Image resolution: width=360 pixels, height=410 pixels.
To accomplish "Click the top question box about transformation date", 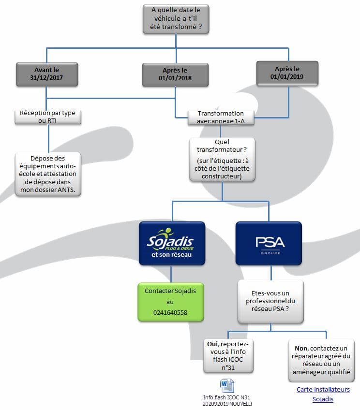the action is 176,19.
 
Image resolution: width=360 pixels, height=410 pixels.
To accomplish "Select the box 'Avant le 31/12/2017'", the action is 47,74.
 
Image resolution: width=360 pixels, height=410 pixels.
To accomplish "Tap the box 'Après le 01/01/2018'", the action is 175,74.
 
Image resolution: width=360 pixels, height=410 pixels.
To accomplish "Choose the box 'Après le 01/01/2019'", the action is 287,73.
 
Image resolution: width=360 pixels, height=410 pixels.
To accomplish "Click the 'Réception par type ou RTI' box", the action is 48,117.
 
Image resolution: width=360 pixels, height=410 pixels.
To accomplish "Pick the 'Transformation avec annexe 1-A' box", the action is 221,117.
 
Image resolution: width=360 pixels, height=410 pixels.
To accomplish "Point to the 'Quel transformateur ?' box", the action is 222,159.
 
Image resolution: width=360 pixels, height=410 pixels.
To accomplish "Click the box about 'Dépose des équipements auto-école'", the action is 48,174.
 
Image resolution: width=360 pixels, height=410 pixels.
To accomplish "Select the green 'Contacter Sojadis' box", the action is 171,302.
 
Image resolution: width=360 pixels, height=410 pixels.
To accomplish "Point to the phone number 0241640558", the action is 170,312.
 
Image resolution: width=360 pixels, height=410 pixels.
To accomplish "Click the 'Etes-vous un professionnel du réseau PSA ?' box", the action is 270,301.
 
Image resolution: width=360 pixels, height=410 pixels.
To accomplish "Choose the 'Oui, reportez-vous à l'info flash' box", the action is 228,356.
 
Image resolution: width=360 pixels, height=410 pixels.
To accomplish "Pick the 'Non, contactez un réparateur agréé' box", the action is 321,360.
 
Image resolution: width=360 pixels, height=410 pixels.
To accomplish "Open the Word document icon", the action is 227,386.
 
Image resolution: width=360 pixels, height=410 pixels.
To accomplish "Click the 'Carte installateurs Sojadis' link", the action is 323,395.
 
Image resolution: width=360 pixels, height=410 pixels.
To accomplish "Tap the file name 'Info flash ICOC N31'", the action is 226,397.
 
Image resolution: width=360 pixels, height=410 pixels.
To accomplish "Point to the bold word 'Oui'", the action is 212,344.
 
